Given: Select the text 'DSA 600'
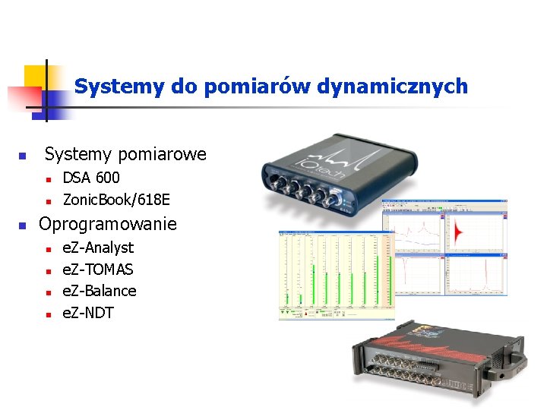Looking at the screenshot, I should point(90,178).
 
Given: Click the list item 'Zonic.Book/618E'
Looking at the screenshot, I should point(116,200).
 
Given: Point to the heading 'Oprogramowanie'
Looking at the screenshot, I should point(107,224).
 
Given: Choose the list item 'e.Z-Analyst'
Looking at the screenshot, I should point(97,248).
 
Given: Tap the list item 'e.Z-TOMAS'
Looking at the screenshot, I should point(97,270).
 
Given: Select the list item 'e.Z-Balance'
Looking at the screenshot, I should point(99,291).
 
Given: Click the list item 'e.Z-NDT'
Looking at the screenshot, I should point(87,313).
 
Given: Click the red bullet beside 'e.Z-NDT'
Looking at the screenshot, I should point(47,314).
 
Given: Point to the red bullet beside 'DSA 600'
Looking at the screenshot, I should point(47,179).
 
